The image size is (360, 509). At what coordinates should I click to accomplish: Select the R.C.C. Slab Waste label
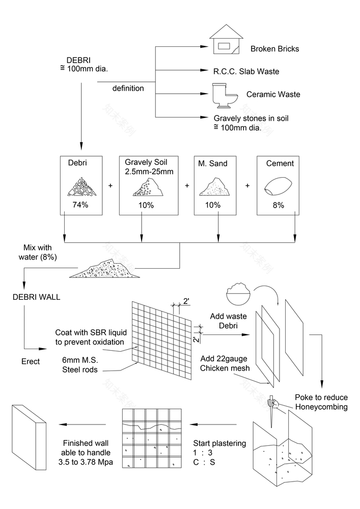[x=246, y=72]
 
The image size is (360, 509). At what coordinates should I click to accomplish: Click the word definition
[x=128, y=89]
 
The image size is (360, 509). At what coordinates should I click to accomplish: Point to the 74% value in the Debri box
[x=80, y=205]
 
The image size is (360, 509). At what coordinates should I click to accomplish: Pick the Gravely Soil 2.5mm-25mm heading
[x=149, y=167]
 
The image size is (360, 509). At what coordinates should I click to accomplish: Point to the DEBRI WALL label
[x=36, y=297]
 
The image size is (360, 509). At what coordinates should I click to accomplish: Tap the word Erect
[x=31, y=361]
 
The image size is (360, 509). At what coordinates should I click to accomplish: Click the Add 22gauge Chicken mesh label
[x=225, y=363]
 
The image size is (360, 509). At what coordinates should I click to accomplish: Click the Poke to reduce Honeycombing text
[x=321, y=402]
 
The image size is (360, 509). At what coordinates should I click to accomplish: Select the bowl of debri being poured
[x=240, y=292]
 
